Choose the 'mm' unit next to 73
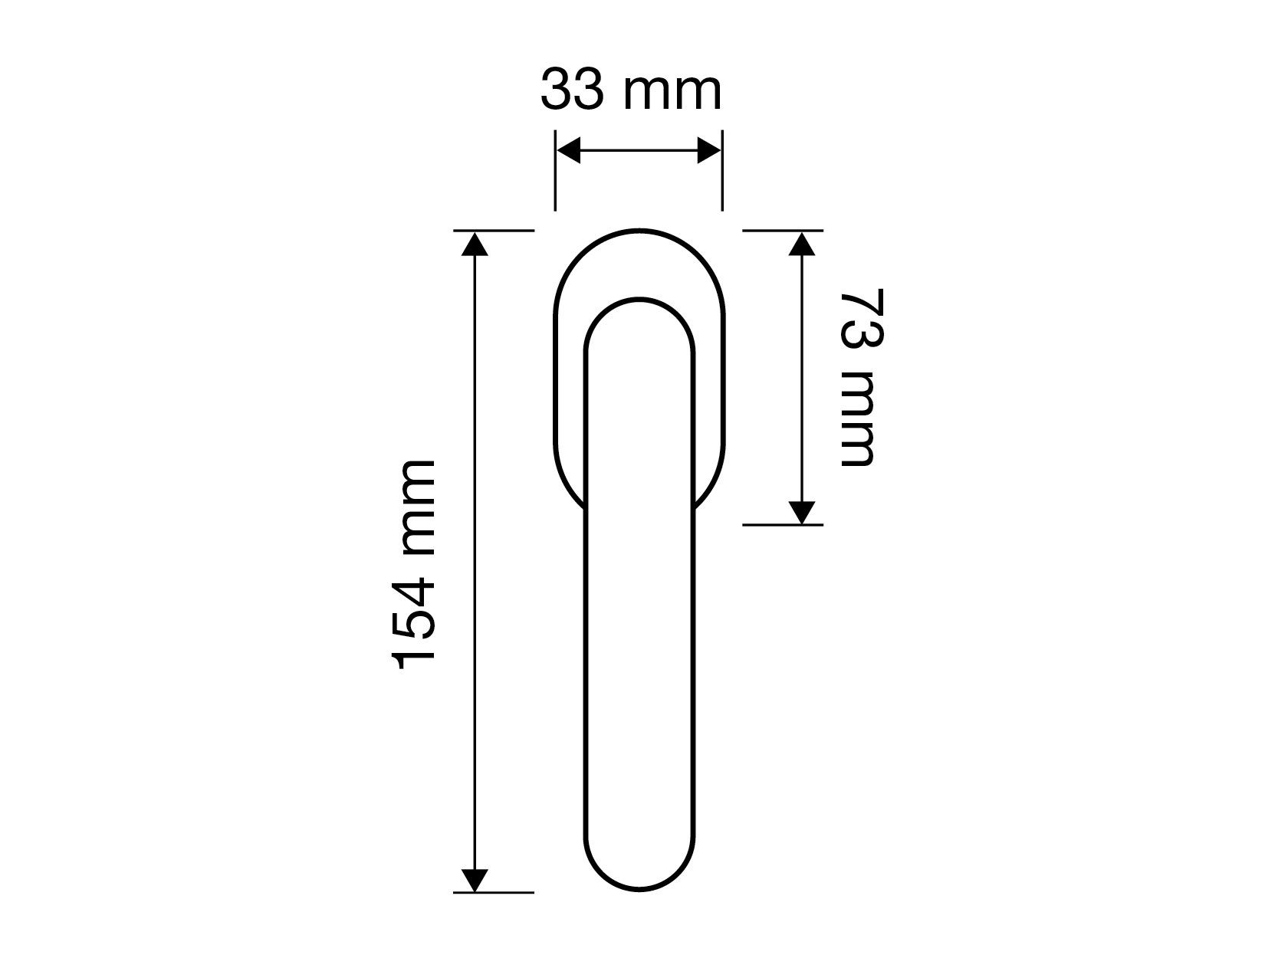[x=856, y=419]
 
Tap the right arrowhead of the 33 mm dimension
[x=708, y=152]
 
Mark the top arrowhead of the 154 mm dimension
[x=475, y=243]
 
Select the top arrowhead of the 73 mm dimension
[x=801, y=243]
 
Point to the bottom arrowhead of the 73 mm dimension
[x=801, y=512]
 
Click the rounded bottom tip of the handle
[x=640, y=888]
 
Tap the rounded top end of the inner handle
[x=640, y=300]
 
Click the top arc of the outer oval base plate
[x=639, y=231]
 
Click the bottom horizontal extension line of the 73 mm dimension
[x=782, y=525]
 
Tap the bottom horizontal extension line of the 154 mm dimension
[x=494, y=893]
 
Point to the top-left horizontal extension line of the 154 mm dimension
[x=494, y=230]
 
